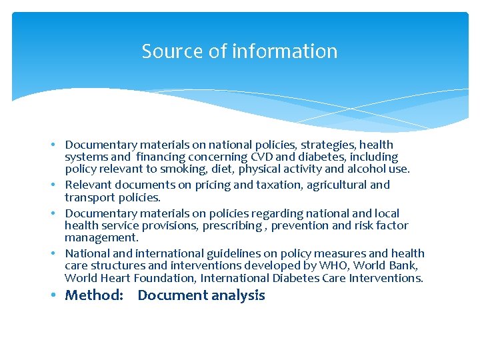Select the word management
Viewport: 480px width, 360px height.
coord(101,238)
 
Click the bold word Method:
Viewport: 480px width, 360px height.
coord(94,295)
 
